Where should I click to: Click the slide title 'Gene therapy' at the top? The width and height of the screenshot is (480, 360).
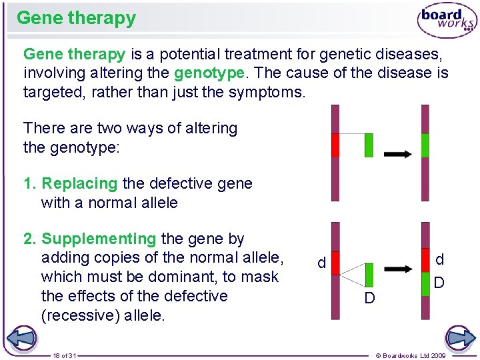[x=76, y=18]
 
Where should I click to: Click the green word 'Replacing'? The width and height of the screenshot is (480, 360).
[x=79, y=183]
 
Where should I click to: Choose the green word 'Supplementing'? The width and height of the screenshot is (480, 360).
[x=99, y=239]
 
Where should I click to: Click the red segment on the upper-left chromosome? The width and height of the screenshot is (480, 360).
[x=335, y=145]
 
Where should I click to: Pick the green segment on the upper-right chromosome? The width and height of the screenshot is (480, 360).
[x=425, y=145]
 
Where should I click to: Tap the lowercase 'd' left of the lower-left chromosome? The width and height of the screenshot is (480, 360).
[x=321, y=264]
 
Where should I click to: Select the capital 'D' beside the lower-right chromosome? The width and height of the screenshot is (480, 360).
[x=439, y=283]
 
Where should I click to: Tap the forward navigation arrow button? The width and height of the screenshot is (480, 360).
[x=460, y=339]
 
